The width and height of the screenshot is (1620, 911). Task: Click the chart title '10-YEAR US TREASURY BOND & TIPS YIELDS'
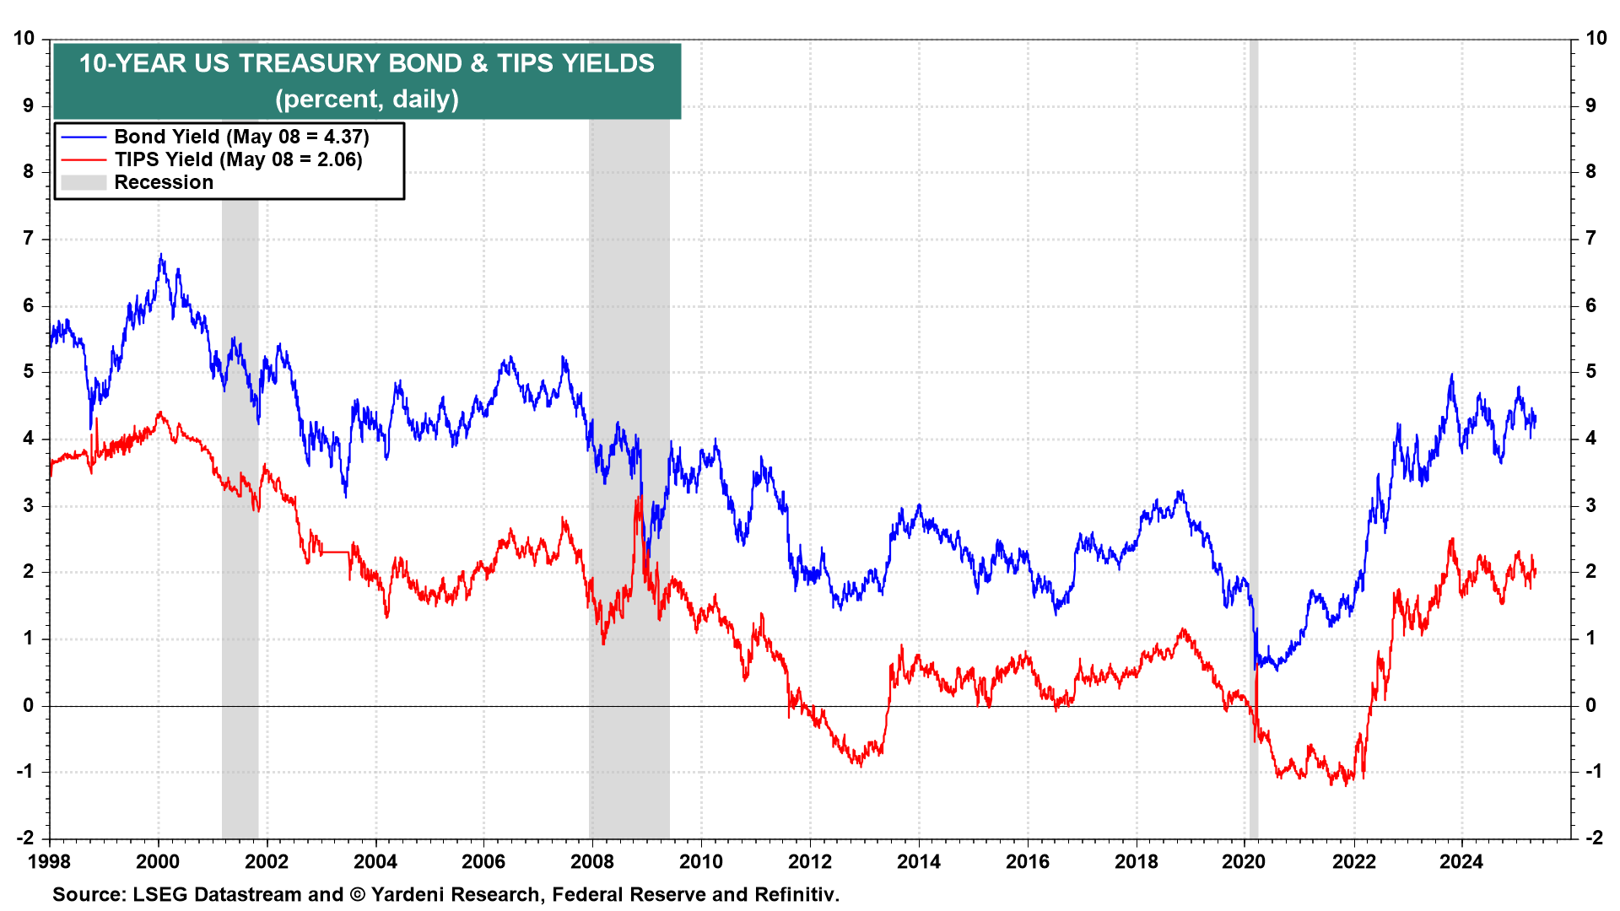coord(366,64)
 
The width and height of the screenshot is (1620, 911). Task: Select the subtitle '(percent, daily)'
coord(366,100)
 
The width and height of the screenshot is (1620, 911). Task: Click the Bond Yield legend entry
coord(241,137)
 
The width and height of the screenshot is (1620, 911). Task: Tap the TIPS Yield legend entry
coord(238,159)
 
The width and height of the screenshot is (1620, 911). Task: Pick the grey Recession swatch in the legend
coord(84,182)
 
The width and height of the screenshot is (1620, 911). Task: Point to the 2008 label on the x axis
coord(592,861)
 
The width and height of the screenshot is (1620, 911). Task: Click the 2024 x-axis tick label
coord(1461,861)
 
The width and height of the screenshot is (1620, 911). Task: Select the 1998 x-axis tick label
coord(49,861)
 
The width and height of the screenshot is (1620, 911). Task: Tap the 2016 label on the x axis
coord(1027,861)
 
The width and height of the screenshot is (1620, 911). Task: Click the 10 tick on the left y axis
coord(24,39)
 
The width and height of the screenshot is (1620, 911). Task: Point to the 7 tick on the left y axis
coord(29,239)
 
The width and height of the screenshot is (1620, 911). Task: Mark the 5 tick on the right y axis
coord(1590,372)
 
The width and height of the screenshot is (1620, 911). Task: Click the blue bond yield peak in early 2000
coord(161,255)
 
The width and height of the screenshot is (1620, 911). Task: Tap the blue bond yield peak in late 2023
coord(1451,375)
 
